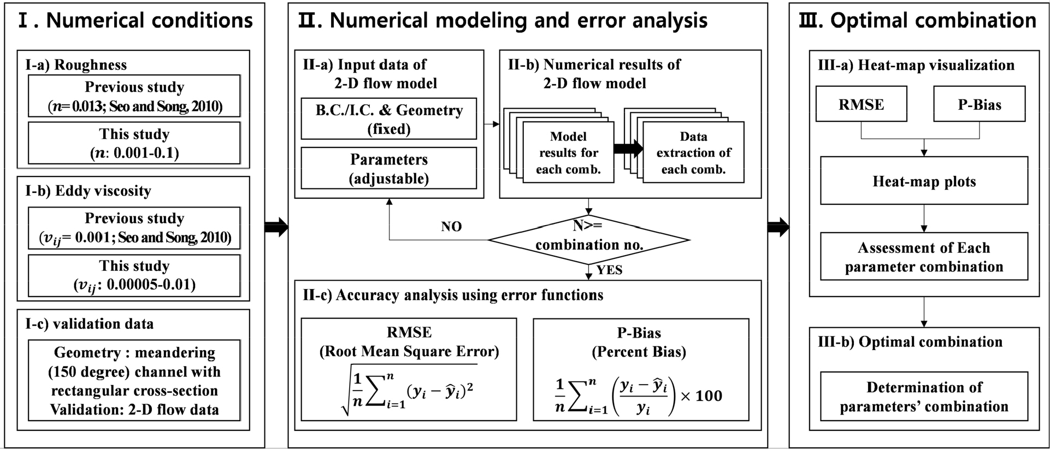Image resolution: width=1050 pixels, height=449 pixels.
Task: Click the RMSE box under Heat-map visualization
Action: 861,104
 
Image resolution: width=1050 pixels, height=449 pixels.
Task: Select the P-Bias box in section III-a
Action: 979,104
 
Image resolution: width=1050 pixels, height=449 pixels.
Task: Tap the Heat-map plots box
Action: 924,181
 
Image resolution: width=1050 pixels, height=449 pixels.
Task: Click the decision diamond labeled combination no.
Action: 589,239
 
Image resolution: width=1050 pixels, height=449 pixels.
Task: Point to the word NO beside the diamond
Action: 451,226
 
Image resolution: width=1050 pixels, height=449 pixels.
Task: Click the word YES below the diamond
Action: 609,270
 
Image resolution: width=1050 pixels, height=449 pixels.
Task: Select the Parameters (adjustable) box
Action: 388,168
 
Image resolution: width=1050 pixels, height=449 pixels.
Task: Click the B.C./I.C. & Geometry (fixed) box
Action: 388,119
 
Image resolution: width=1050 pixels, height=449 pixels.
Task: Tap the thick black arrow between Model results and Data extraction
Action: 628,149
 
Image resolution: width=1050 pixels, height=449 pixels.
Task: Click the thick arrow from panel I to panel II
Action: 276,227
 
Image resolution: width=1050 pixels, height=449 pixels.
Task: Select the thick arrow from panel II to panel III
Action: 778,227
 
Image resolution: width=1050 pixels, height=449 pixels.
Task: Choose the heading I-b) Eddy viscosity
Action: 88,191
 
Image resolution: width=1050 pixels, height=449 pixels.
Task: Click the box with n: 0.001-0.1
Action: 134,143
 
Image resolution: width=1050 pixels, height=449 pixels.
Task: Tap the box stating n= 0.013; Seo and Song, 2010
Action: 134,96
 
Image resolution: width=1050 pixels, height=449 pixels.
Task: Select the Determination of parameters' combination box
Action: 924,397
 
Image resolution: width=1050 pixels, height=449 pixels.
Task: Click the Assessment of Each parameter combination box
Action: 924,257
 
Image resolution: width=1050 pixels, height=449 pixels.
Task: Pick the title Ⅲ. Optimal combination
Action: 917,21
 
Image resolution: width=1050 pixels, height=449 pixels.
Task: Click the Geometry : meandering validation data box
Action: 134,380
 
